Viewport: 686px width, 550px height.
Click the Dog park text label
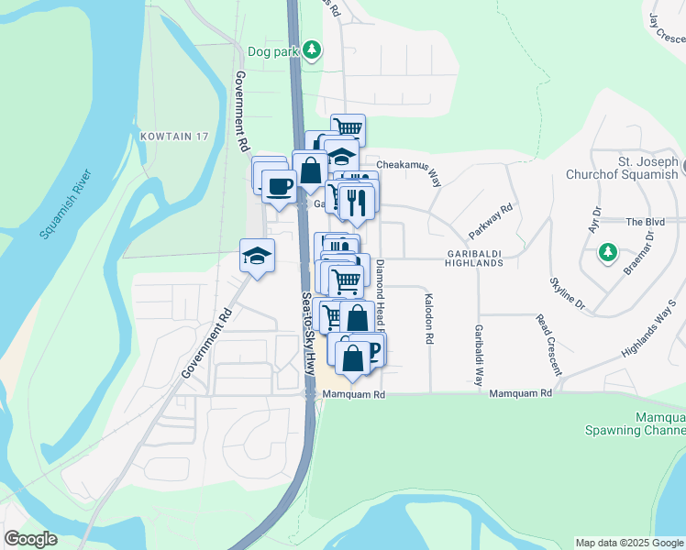coord(273,51)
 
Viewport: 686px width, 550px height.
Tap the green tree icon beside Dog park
coord(313,49)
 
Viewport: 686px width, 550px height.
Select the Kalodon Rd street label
coord(428,318)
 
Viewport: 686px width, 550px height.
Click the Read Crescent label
coord(548,345)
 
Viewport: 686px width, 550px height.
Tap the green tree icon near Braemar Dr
coord(606,252)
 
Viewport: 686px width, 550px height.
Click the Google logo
coord(30,539)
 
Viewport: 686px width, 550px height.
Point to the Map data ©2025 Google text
coord(629,543)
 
